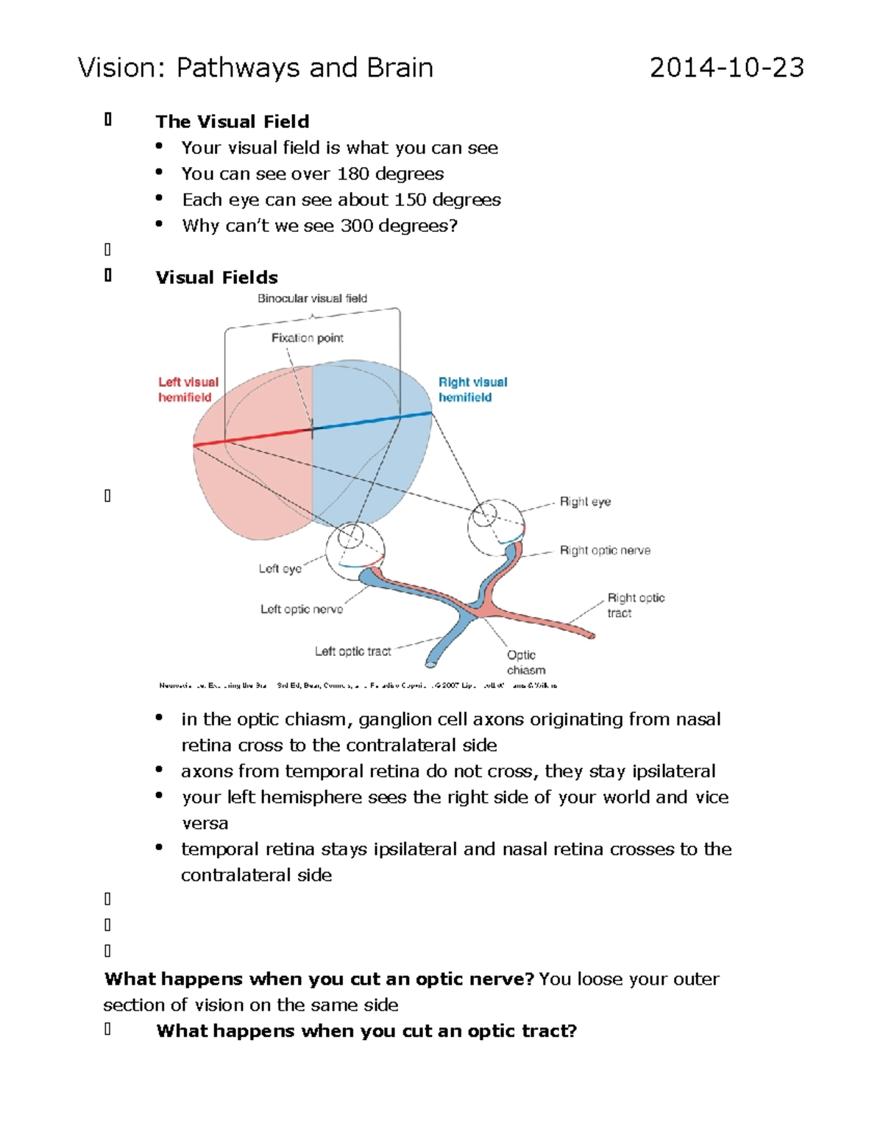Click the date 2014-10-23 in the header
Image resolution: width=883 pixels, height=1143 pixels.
tap(726, 68)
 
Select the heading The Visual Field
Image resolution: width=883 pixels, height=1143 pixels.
tap(232, 121)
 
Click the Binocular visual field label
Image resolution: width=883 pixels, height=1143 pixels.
tap(312, 298)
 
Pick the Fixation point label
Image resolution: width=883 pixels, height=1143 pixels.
tap(307, 338)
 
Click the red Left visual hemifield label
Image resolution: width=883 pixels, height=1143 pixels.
tap(188, 389)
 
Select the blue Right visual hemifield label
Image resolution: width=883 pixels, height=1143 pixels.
tap(472, 389)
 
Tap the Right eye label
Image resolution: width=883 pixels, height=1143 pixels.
tap(585, 502)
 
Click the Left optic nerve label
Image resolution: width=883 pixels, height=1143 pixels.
tap(301, 609)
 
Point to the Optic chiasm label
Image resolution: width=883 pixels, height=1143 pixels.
tap(525, 662)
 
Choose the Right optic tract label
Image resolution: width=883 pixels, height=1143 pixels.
tap(635, 605)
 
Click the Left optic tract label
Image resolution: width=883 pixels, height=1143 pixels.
tap(352, 651)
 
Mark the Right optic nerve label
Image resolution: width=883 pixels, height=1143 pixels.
tap(604, 551)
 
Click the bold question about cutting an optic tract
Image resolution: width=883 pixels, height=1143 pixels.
tap(366, 1031)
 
